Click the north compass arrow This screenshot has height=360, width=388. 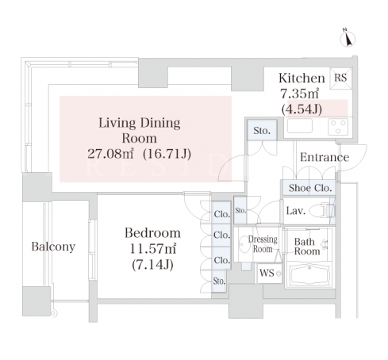point(348,38)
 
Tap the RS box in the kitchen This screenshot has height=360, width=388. point(340,78)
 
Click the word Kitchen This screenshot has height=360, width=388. point(302,79)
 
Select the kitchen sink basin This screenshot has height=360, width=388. point(300,126)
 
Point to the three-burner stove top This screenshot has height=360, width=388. point(338,127)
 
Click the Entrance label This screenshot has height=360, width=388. point(325,157)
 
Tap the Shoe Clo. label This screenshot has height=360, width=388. point(310,188)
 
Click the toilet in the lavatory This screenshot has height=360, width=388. point(322,211)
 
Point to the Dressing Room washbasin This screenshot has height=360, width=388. point(243,244)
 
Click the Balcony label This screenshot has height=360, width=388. point(53,247)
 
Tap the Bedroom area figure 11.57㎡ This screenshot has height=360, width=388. point(153,249)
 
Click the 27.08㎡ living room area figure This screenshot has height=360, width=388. point(110,154)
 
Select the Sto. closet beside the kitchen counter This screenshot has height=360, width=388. point(262,130)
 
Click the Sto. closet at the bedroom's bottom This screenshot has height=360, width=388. point(219,281)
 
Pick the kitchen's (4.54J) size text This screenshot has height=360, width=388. point(302,109)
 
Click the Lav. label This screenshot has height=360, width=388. point(296,211)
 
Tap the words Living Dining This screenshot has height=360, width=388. point(140,123)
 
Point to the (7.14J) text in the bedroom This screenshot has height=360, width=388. point(152,264)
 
